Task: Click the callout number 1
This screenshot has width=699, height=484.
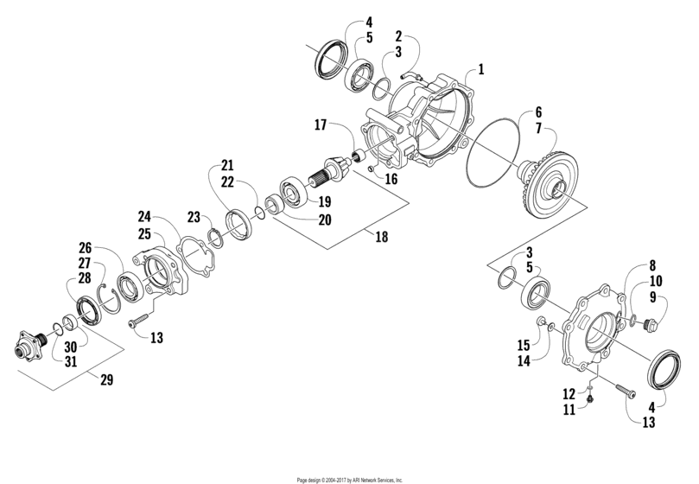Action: [x=481, y=67]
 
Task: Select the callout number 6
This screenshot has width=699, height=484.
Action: [x=538, y=111]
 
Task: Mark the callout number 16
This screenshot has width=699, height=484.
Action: [x=391, y=179]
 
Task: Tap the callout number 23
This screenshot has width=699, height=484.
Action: [x=194, y=218]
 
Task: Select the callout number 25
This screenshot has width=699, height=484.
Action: [x=144, y=235]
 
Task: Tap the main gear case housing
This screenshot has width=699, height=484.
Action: [x=423, y=121]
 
